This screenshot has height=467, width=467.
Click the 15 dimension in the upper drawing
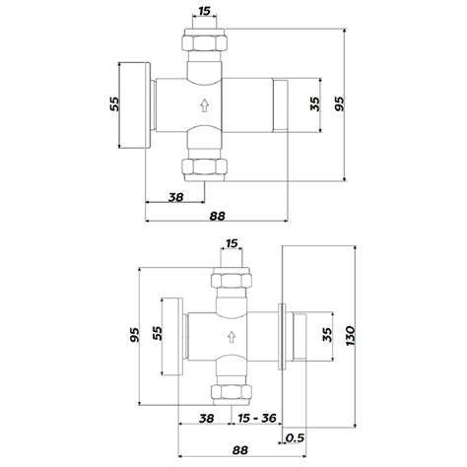pyautogui.click(x=203, y=11)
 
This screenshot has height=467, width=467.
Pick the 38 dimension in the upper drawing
pyautogui.click(x=176, y=197)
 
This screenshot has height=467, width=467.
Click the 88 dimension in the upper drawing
pyautogui.click(x=219, y=216)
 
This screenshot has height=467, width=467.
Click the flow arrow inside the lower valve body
pyautogui.click(x=230, y=338)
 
